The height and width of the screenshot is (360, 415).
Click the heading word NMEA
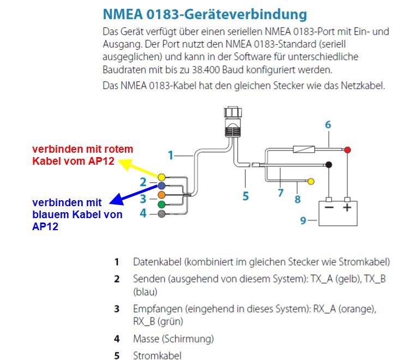pyautogui.click(x=123, y=14)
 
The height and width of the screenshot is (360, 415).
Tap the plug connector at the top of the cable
pyautogui.click(x=233, y=122)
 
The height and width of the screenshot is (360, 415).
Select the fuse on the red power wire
pyautogui.click(x=304, y=149)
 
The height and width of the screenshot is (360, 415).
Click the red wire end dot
pyautogui.click(x=347, y=150)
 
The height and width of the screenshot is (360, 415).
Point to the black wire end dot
pyautogui.click(x=329, y=165)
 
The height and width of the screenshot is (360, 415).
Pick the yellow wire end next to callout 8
pyautogui.click(x=311, y=181)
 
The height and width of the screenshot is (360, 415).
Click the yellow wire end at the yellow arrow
pyautogui.click(x=161, y=177)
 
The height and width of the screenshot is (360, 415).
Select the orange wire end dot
pyautogui.click(x=161, y=195)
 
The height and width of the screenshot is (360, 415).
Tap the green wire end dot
pyautogui.click(x=161, y=205)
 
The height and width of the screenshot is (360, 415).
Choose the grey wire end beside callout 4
pyautogui.click(x=161, y=214)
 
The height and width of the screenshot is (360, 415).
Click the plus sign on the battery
pyautogui.click(x=347, y=207)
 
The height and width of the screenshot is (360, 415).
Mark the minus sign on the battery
pyautogui.click(x=329, y=207)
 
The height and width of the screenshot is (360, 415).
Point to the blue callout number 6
pyautogui.click(x=328, y=125)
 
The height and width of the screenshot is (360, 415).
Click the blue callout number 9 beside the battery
pyautogui.click(x=303, y=220)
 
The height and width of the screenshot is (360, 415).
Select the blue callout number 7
pyautogui.click(x=281, y=193)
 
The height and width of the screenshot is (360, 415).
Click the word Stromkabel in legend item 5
pyautogui.click(x=157, y=356)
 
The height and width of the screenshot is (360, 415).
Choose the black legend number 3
pyautogui.click(x=117, y=309)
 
